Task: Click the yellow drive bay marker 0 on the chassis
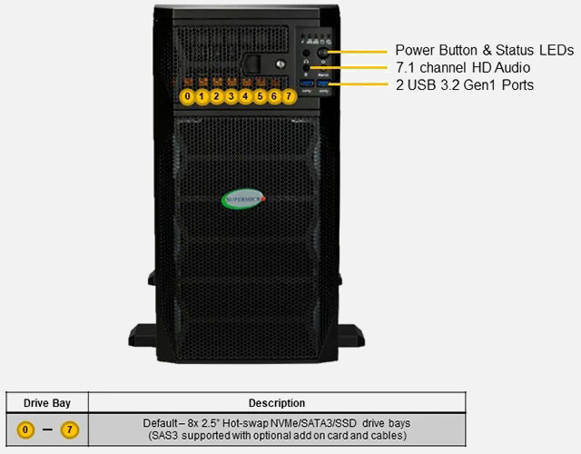[188, 97]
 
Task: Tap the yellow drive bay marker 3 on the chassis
[231, 97]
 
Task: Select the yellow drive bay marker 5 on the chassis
[260, 97]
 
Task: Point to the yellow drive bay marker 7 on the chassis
[289, 97]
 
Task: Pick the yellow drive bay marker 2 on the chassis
[216, 97]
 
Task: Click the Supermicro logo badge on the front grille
[243, 199]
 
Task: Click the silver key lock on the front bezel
[281, 64]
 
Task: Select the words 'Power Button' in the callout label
[436, 50]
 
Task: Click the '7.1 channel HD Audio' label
[463, 67]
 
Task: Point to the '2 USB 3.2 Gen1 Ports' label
[465, 84]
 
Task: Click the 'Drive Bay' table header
[47, 403]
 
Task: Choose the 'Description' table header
[277, 403]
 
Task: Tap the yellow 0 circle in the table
[25, 429]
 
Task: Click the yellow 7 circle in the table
[70, 429]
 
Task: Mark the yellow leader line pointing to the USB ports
[358, 84]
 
